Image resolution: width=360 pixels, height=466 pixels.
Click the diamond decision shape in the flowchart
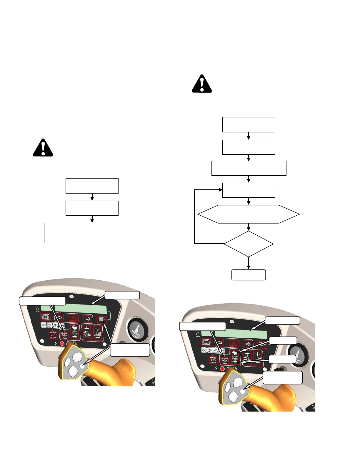(x=249, y=244)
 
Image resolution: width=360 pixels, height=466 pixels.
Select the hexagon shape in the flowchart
(x=249, y=214)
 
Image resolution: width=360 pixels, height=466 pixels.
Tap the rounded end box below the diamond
(x=249, y=275)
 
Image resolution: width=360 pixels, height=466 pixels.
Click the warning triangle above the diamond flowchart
(x=202, y=84)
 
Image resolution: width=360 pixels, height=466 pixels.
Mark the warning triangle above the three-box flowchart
(x=43, y=148)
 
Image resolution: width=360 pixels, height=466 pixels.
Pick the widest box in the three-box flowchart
(x=92, y=233)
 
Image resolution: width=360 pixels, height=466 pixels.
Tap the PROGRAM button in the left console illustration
(x=45, y=317)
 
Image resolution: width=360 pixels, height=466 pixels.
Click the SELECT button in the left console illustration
(x=102, y=319)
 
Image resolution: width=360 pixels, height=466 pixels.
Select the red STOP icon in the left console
(x=62, y=343)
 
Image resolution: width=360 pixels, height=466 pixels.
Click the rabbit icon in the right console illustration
(x=235, y=352)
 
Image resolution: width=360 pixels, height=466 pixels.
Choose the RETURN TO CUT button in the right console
(x=213, y=360)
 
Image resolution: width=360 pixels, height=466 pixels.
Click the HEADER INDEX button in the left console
(x=64, y=335)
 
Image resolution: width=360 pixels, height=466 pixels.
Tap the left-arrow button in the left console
(x=60, y=318)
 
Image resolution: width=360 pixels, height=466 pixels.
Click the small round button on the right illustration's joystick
(x=243, y=392)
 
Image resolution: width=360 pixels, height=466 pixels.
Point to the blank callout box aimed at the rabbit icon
(x=283, y=340)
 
